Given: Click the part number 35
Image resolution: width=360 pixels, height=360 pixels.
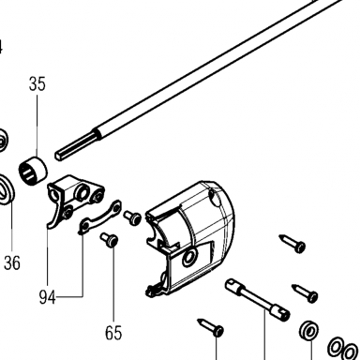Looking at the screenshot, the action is pyautogui.click(x=37, y=84).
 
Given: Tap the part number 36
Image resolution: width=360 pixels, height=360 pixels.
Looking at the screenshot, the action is pyautogui.click(x=12, y=262).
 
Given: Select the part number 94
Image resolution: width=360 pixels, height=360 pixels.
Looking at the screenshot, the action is pyautogui.click(x=47, y=297).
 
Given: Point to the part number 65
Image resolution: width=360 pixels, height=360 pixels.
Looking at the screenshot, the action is pyautogui.click(x=113, y=333).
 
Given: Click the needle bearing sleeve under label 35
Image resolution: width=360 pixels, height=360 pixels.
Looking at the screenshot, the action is pyautogui.click(x=33, y=171).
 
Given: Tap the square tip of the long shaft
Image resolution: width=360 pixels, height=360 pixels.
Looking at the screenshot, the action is pyautogui.click(x=59, y=156).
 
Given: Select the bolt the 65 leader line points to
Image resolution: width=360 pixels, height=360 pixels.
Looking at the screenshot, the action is pyautogui.click(x=110, y=240).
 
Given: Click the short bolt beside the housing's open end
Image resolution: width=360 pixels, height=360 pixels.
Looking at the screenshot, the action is pyautogui.click(x=132, y=217).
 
